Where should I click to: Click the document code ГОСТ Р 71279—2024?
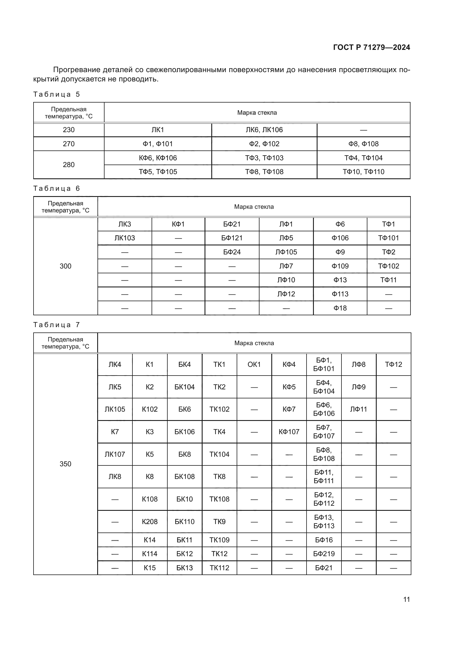point(371,47)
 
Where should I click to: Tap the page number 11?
point(406,599)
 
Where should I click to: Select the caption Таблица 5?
point(57,94)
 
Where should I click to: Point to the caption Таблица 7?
point(57,325)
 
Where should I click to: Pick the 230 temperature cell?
point(68,130)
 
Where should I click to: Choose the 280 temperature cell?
point(68,165)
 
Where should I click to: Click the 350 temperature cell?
point(65,464)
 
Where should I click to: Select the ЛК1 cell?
point(157,130)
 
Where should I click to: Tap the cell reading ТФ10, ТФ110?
point(363,172)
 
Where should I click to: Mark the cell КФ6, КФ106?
point(157,158)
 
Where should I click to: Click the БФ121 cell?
point(232,238)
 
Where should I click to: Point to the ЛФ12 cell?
point(286,294)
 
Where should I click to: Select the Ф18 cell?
point(340,308)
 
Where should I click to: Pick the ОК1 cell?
point(254,365)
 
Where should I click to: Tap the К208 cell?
point(150,522)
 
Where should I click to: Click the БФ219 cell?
point(324,554)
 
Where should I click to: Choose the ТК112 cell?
point(219,568)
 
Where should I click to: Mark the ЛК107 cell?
point(115,454)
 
